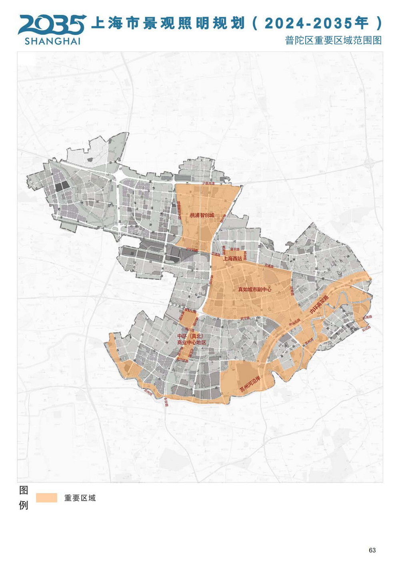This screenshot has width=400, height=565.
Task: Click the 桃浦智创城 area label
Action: coord(202,215)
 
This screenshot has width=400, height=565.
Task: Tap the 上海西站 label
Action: coord(232,259)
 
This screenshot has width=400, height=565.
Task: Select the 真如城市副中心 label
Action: coord(254,289)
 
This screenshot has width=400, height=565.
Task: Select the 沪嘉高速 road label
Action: coord(208,183)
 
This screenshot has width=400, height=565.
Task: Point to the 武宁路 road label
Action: coord(245,318)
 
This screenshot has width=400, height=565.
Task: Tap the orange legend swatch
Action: coord(46,497)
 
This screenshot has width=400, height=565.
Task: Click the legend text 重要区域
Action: coord(80,498)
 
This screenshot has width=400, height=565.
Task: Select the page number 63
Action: coord(372,550)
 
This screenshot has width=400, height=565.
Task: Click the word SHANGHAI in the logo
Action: coord(52,41)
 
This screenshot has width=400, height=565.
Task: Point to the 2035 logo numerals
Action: coord(52,25)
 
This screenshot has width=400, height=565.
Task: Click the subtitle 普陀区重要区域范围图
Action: coord(333,40)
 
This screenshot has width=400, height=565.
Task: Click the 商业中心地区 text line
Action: coord(192,342)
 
